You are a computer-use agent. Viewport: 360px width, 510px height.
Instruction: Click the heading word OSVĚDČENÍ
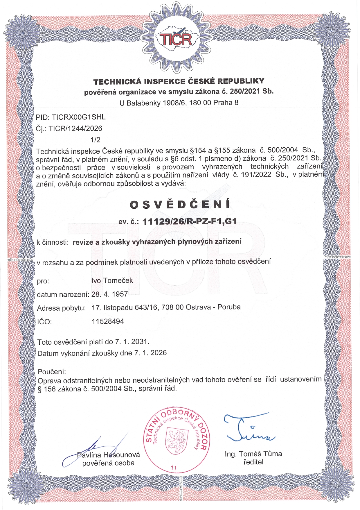180,205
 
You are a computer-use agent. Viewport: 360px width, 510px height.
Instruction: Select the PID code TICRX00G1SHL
78,117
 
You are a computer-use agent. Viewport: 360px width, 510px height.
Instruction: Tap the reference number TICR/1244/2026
75,128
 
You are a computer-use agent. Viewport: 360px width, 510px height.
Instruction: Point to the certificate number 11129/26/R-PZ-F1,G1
190,221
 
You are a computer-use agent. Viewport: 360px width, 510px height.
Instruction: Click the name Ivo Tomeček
112,280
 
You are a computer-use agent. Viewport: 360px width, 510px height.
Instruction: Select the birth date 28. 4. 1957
109,294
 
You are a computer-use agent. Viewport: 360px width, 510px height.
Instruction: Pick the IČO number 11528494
108,321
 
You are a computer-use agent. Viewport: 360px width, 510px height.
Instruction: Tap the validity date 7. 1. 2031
132,341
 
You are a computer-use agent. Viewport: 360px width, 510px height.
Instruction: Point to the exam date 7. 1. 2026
150,353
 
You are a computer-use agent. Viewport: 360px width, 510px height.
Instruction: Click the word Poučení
52,372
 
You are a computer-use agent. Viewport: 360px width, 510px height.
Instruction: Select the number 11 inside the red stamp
174,468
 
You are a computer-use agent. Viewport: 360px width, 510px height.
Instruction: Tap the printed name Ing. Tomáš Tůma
253,454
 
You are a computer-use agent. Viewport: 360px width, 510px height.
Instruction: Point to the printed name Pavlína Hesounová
108,455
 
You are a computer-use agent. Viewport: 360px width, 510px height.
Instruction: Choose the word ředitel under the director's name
253,462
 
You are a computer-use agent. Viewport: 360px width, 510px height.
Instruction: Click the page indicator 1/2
95,140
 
